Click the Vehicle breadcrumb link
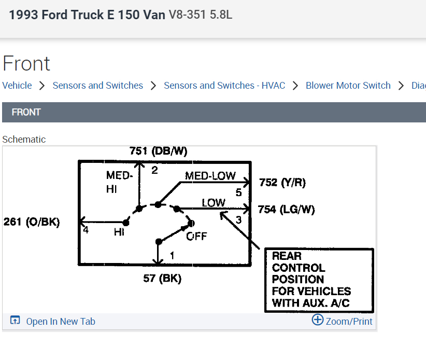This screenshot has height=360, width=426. [17, 86]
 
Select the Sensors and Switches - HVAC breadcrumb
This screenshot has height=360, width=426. [224, 86]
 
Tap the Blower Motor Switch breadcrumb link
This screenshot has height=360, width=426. [348, 86]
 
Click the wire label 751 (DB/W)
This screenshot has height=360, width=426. [158, 151]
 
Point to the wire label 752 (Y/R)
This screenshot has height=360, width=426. [282, 183]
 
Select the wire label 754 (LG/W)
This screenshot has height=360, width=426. [286, 210]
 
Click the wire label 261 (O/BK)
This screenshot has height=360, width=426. [32, 223]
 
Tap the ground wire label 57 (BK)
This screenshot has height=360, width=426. [162, 279]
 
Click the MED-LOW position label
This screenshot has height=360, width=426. [210, 176]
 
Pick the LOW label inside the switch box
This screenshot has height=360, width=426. [214, 203]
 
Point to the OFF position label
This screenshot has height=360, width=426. [196, 237]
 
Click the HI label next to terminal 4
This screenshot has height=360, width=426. [119, 232]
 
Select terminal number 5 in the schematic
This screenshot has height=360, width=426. [238, 192]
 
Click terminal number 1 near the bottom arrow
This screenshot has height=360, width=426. [172, 255]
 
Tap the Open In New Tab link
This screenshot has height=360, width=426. [60, 322]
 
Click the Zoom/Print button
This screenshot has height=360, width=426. [342, 321]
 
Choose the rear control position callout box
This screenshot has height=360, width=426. [319, 280]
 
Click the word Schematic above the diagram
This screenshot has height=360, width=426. [24, 140]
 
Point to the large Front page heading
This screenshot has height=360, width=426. [26, 63]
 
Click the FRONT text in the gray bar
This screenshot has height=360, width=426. [26, 112]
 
